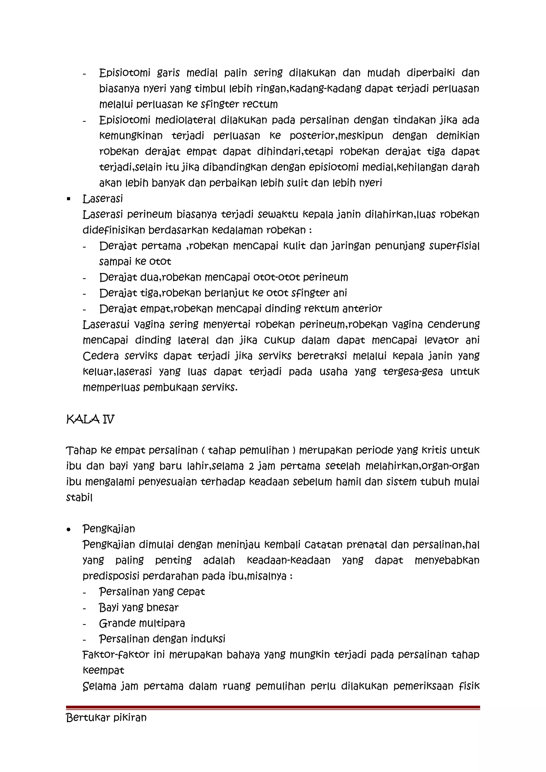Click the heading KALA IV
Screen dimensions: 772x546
[90, 419]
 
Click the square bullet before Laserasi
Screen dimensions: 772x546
[69, 199]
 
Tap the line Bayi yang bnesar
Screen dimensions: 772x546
[138, 608]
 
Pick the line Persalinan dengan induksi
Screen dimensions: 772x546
[162, 639]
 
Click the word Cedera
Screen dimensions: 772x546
[101, 356]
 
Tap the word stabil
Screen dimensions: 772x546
[79, 498]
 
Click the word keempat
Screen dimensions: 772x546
[103, 671]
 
